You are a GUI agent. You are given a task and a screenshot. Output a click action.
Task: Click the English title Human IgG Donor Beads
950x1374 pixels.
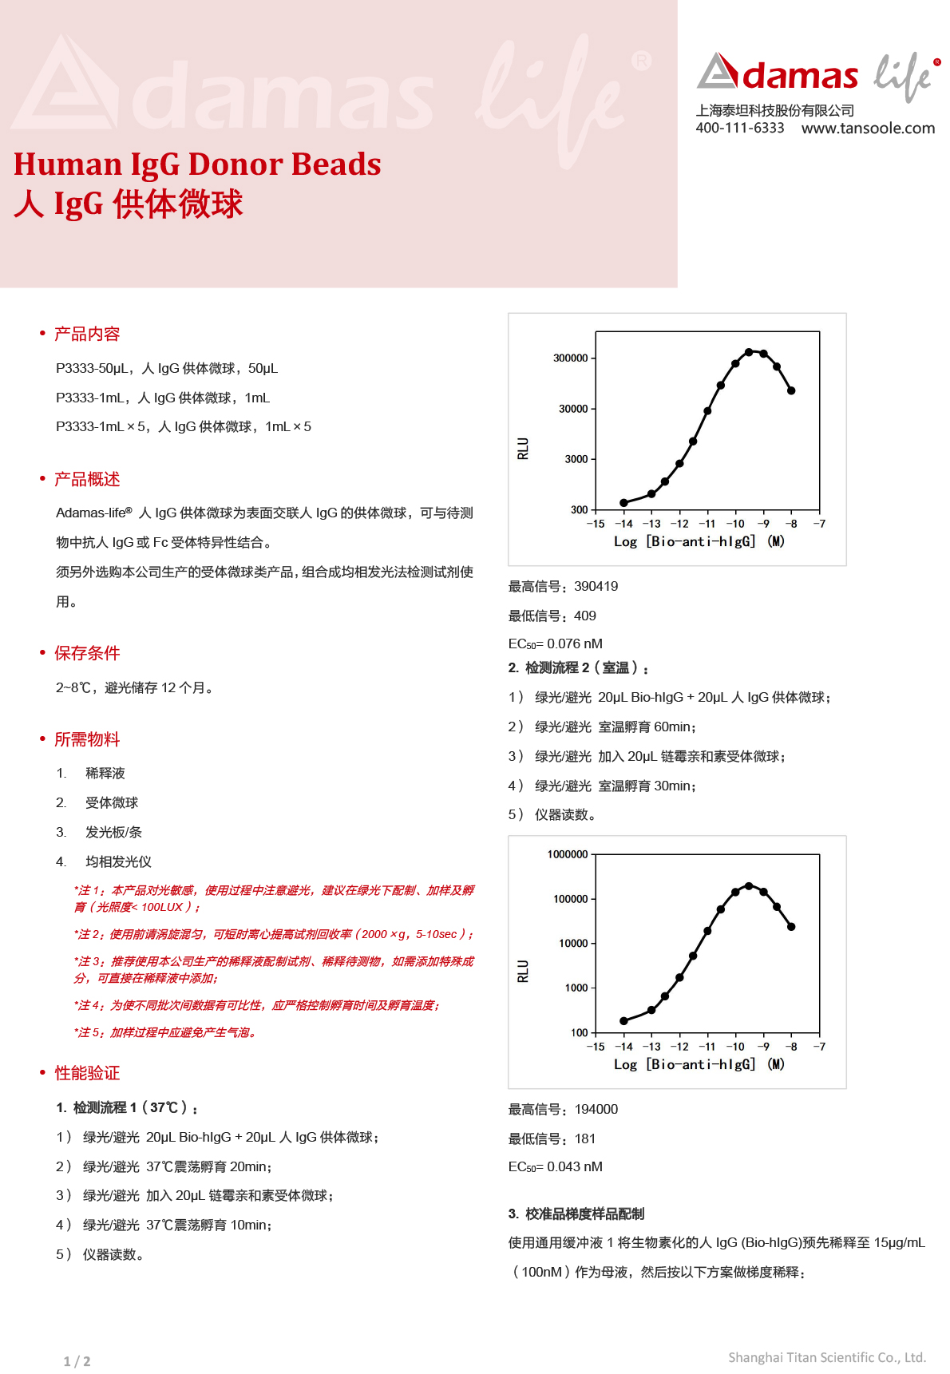click(x=197, y=164)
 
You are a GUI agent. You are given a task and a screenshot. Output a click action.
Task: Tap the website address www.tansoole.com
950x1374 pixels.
click(x=868, y=129)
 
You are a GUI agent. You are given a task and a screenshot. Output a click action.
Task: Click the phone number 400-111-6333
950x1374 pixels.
click(x=739, y=129)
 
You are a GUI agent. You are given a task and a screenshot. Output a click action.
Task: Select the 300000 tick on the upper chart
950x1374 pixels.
click(x=570, y=358)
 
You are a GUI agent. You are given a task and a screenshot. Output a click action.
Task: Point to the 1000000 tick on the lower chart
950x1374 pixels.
click(x=567, y=854)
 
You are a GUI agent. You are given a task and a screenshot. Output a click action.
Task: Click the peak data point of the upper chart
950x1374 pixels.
click(x=749, y=352)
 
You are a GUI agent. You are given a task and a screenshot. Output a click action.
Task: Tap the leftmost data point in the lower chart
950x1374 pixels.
click(x=623, y=1021)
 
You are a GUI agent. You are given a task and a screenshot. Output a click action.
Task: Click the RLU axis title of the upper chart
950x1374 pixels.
click(x=523, y=448)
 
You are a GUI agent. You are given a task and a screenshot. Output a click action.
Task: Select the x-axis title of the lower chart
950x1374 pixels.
click(x=699, y=1064)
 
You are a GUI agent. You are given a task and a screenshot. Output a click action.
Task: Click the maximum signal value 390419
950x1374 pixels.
click(x=596, y=587)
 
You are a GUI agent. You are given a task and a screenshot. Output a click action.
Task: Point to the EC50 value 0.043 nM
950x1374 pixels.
click(x=574, y=1167)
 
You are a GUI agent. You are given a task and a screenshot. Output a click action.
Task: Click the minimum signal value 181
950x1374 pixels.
click(x=584, y=1139)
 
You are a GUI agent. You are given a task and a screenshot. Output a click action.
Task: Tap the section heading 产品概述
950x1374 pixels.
click(x=87, y=479)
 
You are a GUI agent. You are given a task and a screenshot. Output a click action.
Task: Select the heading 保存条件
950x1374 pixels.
click(x=87, y=653)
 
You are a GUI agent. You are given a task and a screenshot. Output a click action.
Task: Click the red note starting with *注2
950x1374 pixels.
click(x=274, y=934)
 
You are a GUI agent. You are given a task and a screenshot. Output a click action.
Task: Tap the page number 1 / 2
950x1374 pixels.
click(x=77, y=1361)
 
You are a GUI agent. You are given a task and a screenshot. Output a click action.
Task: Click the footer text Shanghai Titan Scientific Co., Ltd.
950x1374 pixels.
click(x=826, y=1357)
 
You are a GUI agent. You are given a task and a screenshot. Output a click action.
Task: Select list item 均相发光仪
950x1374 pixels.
click(x=118, y=862)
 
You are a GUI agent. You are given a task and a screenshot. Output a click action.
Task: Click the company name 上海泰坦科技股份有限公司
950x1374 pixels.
click(x=774, y=111)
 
